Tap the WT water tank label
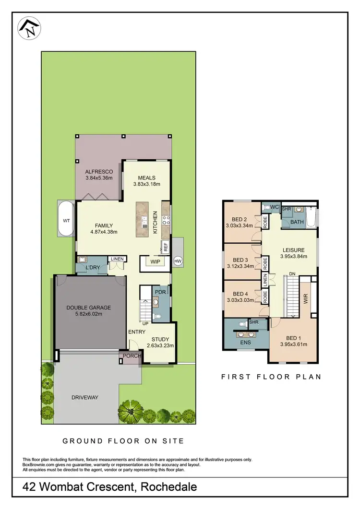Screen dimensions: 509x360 coord(66,221)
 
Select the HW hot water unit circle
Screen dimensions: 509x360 coord(178,260)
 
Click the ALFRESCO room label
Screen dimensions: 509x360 coord(99,172)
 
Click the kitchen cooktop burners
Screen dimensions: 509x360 coord(166,220)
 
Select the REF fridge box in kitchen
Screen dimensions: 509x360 coord(166,247)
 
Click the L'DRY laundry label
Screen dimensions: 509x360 coord(92,268)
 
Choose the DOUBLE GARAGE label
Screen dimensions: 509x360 coord(89,308)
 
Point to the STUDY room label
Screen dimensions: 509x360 coord(160,339)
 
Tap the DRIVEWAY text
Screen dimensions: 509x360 coord(85,397)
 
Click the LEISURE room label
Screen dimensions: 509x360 coord(293,250)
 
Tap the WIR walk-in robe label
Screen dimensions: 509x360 coord(306,299)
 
